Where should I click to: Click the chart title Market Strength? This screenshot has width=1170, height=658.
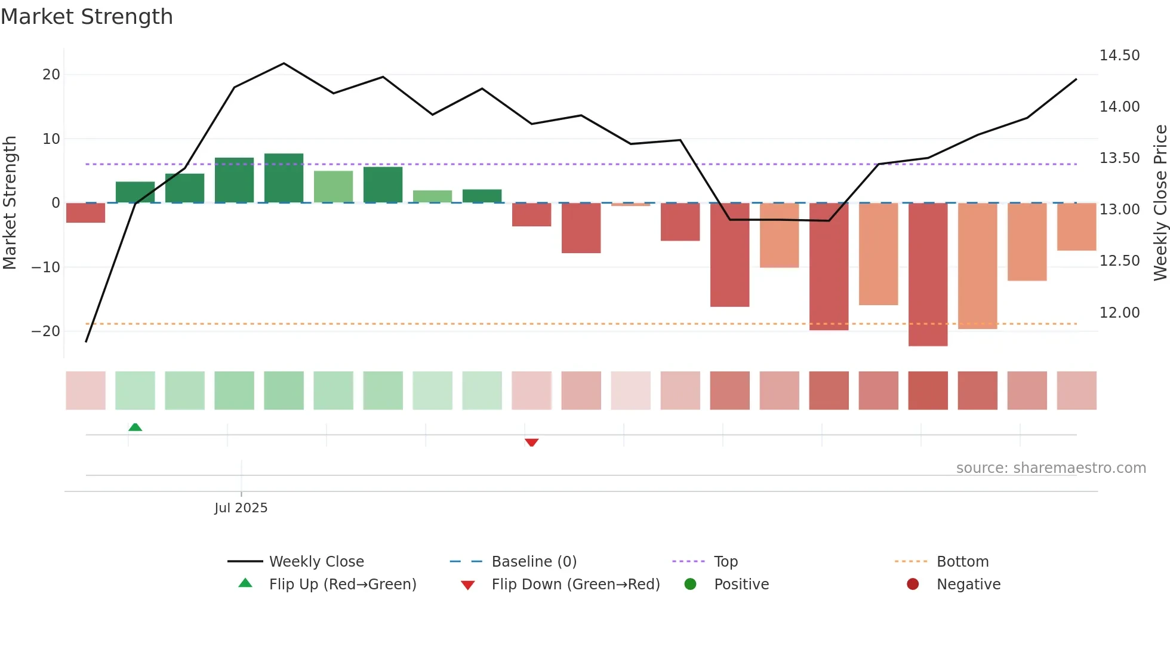(87, 17)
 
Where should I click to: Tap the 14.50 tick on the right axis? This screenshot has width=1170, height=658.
(1119, 56)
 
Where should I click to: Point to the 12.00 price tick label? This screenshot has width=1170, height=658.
(1119, 313)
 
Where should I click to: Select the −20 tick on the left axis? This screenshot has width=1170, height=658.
(46, 331)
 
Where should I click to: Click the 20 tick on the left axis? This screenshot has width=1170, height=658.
(51, 75)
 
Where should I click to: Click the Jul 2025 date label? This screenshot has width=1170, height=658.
(241, 508)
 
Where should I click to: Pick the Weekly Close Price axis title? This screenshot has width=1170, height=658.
(1160, 203)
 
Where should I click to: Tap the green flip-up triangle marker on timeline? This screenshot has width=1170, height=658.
(136, 427)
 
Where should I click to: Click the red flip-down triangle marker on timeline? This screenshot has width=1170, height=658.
(531, 442)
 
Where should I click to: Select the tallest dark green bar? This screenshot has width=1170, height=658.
(284, 178)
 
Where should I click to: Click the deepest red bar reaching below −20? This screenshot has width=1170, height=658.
(928, 275)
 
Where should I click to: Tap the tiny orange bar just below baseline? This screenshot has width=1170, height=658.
(630, 205)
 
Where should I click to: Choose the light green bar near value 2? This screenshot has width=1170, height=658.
(432, 196)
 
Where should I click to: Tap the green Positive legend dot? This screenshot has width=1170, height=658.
(690, 585)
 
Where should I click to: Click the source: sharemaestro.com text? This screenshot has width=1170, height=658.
(1051, 468)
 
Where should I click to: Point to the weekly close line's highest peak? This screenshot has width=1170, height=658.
(284, 63)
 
